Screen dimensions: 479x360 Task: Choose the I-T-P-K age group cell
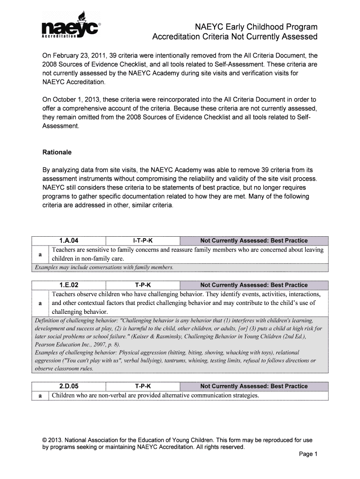point(143,240)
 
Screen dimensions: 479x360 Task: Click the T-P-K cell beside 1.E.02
point(143,285)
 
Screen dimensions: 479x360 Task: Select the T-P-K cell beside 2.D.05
point(143,386)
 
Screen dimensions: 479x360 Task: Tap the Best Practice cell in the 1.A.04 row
point(254,240)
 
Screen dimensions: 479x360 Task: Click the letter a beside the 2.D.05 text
point(40,396)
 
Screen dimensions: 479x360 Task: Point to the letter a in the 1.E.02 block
point(40,303)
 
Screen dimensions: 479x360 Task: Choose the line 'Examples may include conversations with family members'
point(104,268)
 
